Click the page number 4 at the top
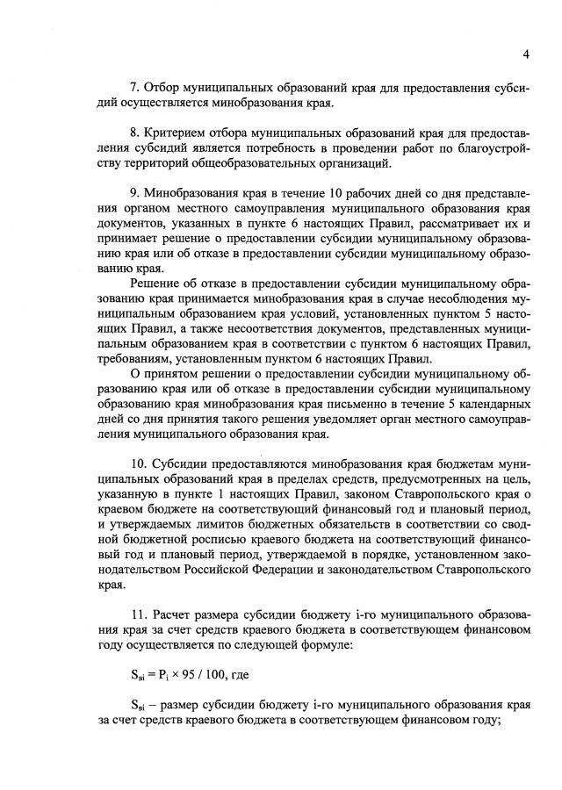coord(525,54)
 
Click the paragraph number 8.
coord(133,133)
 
